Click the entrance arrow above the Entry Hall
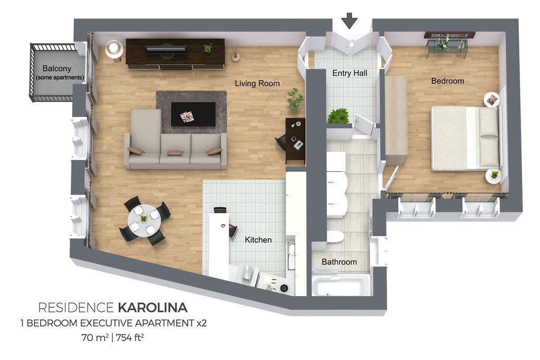(x=350, y=21)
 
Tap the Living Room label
(x=257, y=83)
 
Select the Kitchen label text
(x=258, y=240)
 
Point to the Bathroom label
(x=339, y=262)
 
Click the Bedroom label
(x=448, y=81)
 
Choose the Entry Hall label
(x=350, y=73)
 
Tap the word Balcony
(x=57, y=69)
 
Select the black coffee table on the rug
(x=193, y=114)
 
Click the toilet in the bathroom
(x=334, y=237)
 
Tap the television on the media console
(x=166, y=49)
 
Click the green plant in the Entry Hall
(x=339, y=115)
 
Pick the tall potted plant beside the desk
(x=295, y=100)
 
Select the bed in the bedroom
(x=465, y=138)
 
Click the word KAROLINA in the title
(x=152, y=307)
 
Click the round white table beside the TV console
(x=114, y=49)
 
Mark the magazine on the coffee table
(x=187, y=117)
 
